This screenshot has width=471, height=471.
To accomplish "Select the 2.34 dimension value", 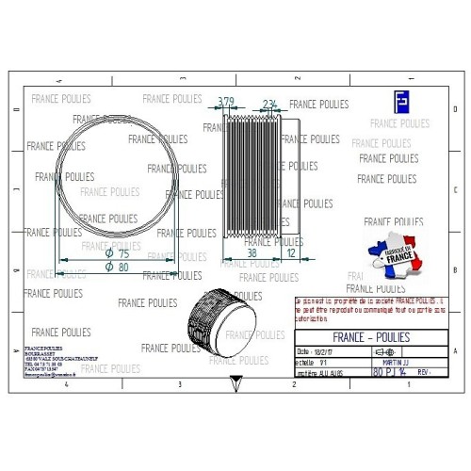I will [x=269, y=104].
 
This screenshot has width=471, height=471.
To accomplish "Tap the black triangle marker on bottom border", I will [x=234, y=383].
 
